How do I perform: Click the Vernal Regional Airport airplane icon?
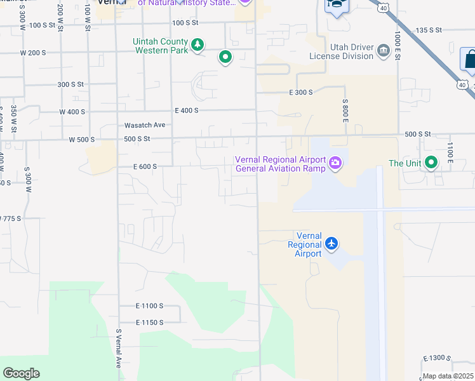[x=331, y=243]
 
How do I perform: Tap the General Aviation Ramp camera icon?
[x=335, y=164]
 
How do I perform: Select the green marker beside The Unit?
[x=431, y=163]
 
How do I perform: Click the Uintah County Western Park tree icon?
[x=198, y=44]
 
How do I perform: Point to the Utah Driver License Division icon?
[x=383, y=51]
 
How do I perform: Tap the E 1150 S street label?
[x=149, y=323]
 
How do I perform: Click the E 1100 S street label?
[x=149, y=305]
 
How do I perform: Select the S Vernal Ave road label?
[x=118, y=348]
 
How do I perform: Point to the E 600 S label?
[x=145, y=166]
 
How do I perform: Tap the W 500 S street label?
[x=82, y=139]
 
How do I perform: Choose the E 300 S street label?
[x=301, y=93]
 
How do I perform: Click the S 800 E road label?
[x=346, y=110]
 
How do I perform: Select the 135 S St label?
[x=428, y=30]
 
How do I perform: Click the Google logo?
[x=21, y=373]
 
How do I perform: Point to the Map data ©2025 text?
[x=448, y=376]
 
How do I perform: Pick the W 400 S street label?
[x=72, y=112]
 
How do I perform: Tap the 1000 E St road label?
[x=397, y=45]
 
